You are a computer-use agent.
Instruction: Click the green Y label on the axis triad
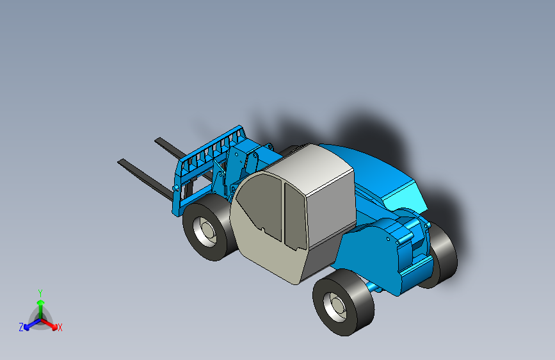[x=40, y=291]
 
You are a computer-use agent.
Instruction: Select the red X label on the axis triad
[x=60, y=328]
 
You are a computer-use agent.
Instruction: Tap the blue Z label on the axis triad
[x=21, y=327]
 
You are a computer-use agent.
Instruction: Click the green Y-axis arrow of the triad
[x=40, y=305]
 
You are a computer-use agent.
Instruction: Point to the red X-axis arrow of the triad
[x=51, y=323]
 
